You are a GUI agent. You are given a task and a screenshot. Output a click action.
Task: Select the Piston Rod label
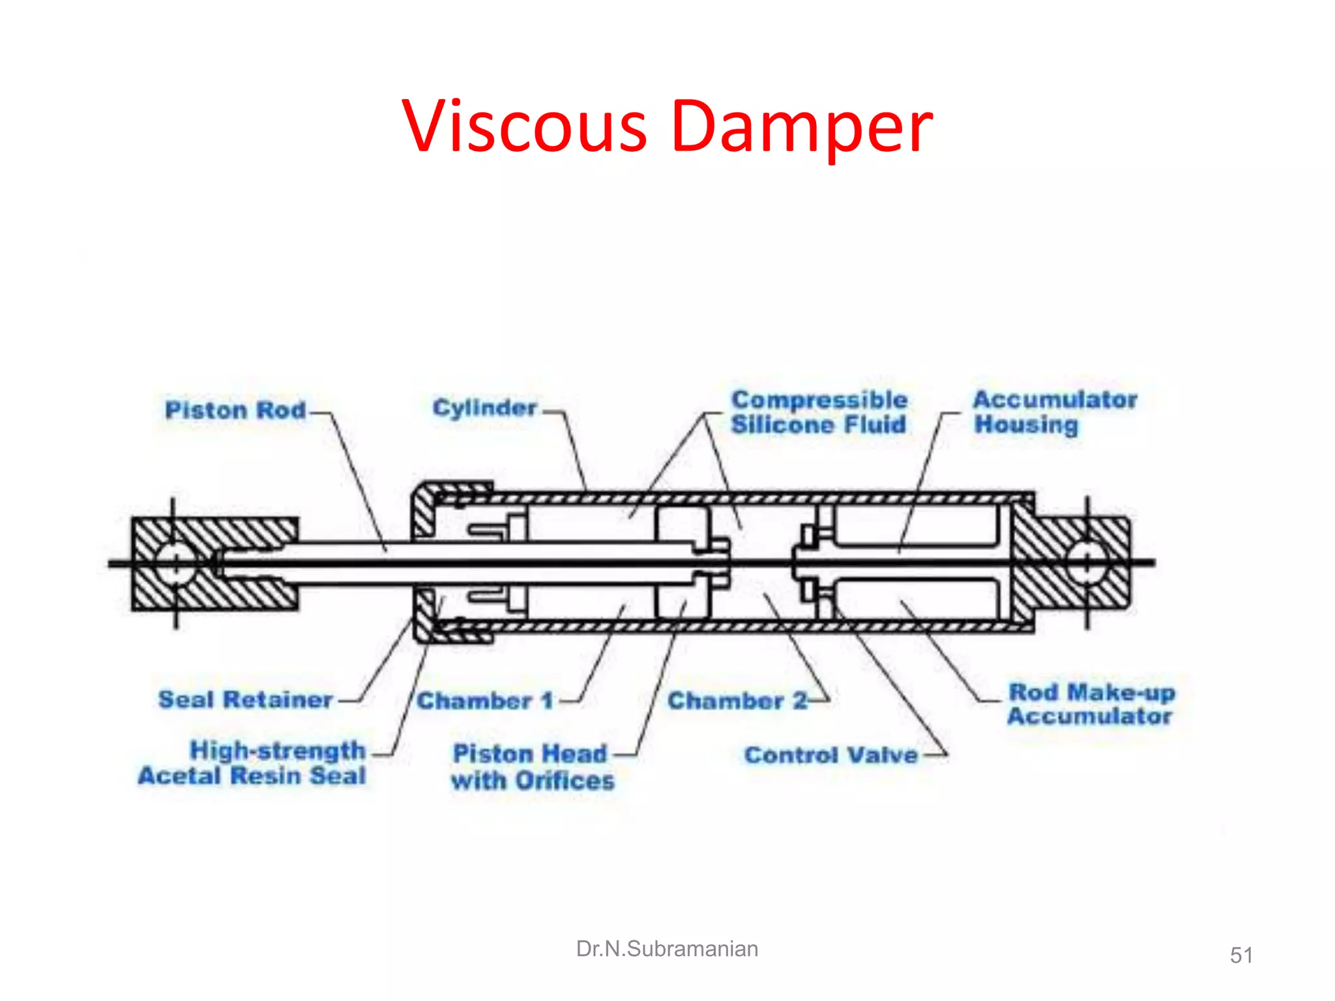point(235,410)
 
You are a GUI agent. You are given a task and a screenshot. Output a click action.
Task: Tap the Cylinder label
point(484,408)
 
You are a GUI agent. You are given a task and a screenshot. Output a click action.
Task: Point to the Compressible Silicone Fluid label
point(819,412)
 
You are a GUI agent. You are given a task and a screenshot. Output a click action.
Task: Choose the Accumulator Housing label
point(1055,412)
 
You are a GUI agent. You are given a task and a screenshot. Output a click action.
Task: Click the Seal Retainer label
point(246,699)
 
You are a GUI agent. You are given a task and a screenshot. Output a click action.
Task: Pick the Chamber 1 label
point(485,701)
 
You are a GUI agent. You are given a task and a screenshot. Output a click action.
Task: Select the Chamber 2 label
point(737,701)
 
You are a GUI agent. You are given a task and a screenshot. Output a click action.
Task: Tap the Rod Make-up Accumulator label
point(1091,704)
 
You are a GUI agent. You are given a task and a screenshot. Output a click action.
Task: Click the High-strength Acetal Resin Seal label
point(253,763)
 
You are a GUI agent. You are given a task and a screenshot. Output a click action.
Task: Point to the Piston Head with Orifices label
point(533,767)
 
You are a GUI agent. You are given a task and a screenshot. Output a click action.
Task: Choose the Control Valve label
point(831,755)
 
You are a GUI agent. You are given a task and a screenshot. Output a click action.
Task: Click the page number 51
point(1241,955)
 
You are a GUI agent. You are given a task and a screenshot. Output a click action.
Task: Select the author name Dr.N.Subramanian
point(667,949)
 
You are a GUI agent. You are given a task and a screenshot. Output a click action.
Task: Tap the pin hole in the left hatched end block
point(175,563)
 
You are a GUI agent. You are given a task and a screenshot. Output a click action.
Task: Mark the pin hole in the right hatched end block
point(1087,563)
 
